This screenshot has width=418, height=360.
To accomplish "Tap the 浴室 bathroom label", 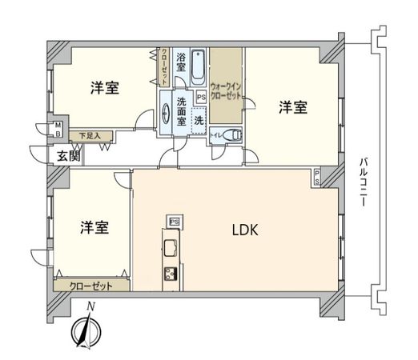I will [181, 63].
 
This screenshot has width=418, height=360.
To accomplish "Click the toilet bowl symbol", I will [232, 136].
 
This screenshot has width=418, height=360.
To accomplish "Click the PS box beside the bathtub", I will [201, 98].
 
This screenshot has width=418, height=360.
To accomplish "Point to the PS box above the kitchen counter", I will [173, 221].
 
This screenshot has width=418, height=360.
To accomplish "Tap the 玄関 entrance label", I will [67, 155].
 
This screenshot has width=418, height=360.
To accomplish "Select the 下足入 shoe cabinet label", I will [90, 136].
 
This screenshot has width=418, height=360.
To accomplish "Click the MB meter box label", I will [58, 130].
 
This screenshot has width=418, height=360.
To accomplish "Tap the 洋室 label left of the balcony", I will [292, 106].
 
